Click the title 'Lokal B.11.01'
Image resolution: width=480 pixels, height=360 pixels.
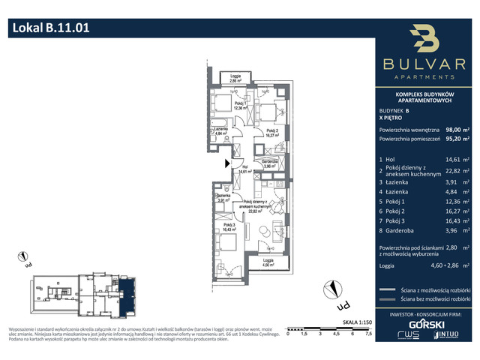pyautogui.click(x=51, y=28)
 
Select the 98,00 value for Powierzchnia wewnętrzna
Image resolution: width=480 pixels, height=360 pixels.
pyautogui.click(x=454, y=128)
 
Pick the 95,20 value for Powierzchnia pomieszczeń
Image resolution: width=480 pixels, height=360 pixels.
pyautogui.click(x=454, y=138)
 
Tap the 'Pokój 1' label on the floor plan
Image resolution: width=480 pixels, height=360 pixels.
pyautogui.click(x=239, y=103)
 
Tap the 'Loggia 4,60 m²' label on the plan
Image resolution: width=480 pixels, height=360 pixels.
pyautogui.click(x=268, y=261)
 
